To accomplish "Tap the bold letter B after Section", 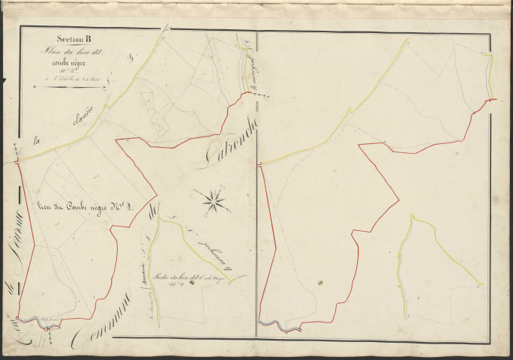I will coord(88,41).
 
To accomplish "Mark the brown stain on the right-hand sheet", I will coord(319,283).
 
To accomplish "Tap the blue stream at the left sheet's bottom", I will coord(34,320).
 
